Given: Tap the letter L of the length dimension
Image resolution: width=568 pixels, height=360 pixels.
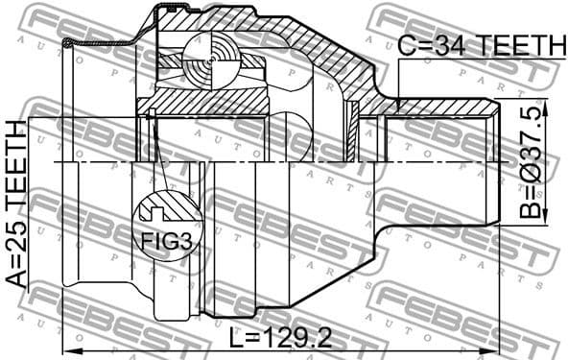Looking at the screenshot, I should pos(237,339).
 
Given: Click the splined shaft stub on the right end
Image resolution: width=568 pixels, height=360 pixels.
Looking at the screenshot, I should pos(441,163).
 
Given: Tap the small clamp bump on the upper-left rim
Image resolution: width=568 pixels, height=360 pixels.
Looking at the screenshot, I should pos(67,42).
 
